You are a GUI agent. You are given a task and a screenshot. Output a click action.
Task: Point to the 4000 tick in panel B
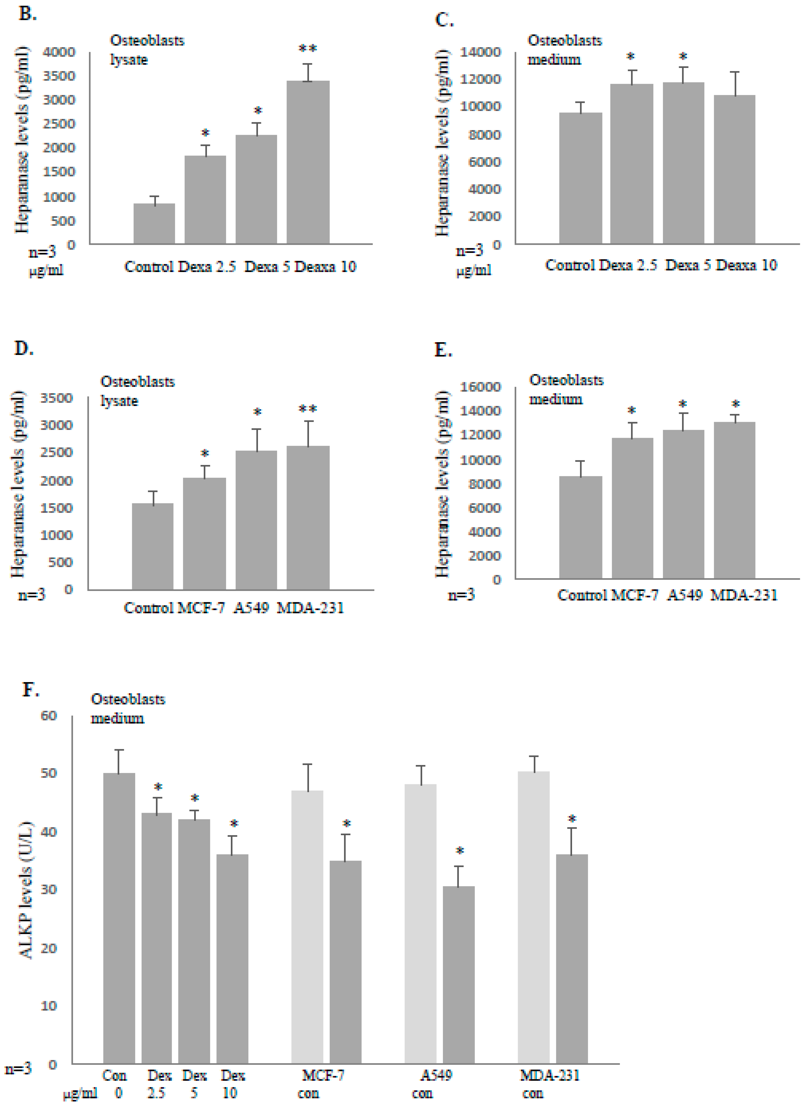pos(59,52)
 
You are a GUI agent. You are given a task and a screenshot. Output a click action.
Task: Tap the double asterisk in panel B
pos(308,49)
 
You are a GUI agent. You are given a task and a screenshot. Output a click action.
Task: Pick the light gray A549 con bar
pos(420,923)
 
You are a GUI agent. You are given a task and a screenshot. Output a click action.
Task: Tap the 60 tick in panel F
pos(48,716)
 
